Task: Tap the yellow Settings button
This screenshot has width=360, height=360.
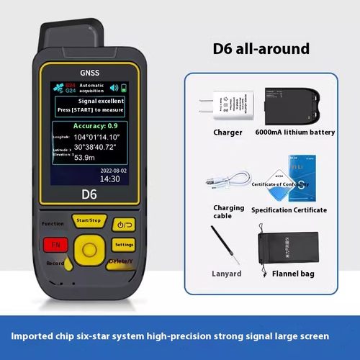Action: click(124, 244)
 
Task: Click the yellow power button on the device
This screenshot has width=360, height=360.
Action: click(123, 224)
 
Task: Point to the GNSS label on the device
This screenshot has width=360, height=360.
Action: click(90, 73)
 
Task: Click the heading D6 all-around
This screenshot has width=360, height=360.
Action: click(261, 49)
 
